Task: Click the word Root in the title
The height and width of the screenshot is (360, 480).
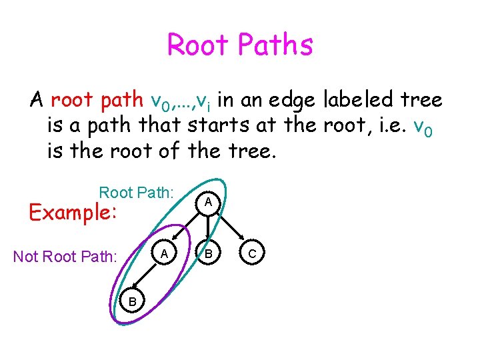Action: pos(197,45)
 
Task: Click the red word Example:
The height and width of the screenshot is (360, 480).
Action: pos(71,213)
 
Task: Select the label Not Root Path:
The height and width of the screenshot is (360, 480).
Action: pos(65,256)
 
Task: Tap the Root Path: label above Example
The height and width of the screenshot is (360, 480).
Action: pos(136,193)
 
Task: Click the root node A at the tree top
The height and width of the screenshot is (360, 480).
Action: pos(208,201)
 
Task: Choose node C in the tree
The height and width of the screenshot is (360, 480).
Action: pos(252,253)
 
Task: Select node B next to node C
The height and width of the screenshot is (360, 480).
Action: pos(208,253)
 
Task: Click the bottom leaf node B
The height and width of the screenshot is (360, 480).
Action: pos(133,302)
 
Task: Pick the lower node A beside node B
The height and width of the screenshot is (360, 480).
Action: pos(164,253)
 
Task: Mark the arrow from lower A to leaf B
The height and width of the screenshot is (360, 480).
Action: pos(148,277)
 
